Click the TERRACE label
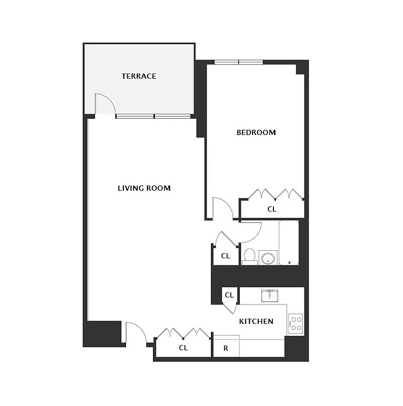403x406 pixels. (139, 77)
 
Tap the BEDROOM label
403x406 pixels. (256, 132)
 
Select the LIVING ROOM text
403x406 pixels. (144, 188)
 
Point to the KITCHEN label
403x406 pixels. (256, 321)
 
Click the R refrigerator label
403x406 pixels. (226, 349)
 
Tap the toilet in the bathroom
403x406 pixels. (249, 256)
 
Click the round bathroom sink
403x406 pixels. (267, 258)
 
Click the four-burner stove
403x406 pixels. (296, 323)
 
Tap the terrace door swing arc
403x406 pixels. (106, 104)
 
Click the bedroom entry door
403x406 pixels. (222, 209)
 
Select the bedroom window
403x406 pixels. (238, 62)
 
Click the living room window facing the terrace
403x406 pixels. (153, 116)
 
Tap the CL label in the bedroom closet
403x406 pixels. (272, 209)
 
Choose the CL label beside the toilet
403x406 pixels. (226, 256)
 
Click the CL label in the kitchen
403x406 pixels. (229, 295)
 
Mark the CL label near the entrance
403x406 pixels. (183, 348)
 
